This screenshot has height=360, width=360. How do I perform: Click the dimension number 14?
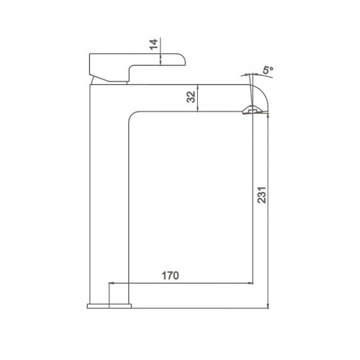pyautogui.click(x=153, y=45)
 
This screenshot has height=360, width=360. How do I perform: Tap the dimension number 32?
pyautogui.click(x=192, y=97)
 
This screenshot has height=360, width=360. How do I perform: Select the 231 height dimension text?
pyautogui.click(x=262, y=195)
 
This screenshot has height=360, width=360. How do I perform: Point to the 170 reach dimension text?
pyautogui.click(x=170, y=276)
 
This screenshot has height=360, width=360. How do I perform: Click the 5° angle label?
pyautogui.click(x=268, y=71)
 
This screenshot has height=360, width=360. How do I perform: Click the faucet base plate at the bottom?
pyautogui.click(x=109, y=306)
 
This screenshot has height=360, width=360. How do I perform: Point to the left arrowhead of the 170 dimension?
pyautogui.click(x=111, y=283)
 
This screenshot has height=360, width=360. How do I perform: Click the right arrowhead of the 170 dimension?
pyautogui.click(x=251, y=283)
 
